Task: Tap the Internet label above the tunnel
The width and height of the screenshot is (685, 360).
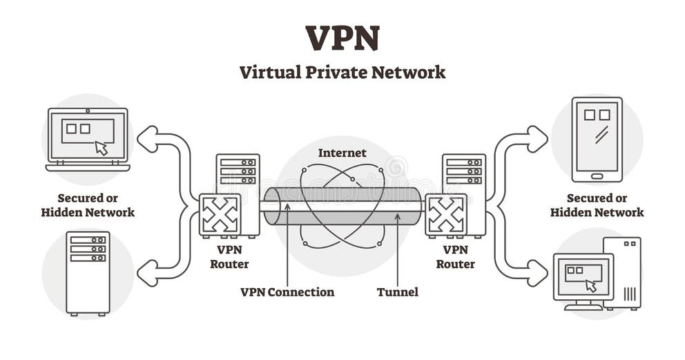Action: click(342, 152)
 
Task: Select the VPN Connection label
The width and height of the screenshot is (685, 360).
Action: click(287, 292)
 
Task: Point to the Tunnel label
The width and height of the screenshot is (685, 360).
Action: click(397, 292)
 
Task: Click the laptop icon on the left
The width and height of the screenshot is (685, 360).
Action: click(88, 139)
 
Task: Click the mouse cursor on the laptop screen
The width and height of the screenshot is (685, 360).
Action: click(102, 147)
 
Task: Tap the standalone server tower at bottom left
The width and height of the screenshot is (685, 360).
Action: click(88, 274)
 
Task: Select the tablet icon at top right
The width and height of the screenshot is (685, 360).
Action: click(597, 139)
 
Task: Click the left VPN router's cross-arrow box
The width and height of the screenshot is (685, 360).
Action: click(220, 215)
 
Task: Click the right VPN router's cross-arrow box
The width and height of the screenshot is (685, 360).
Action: click(446, 215)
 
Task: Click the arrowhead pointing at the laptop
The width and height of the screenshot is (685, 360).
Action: click(147, 139)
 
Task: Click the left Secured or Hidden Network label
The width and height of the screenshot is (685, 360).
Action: click(88, 205)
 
